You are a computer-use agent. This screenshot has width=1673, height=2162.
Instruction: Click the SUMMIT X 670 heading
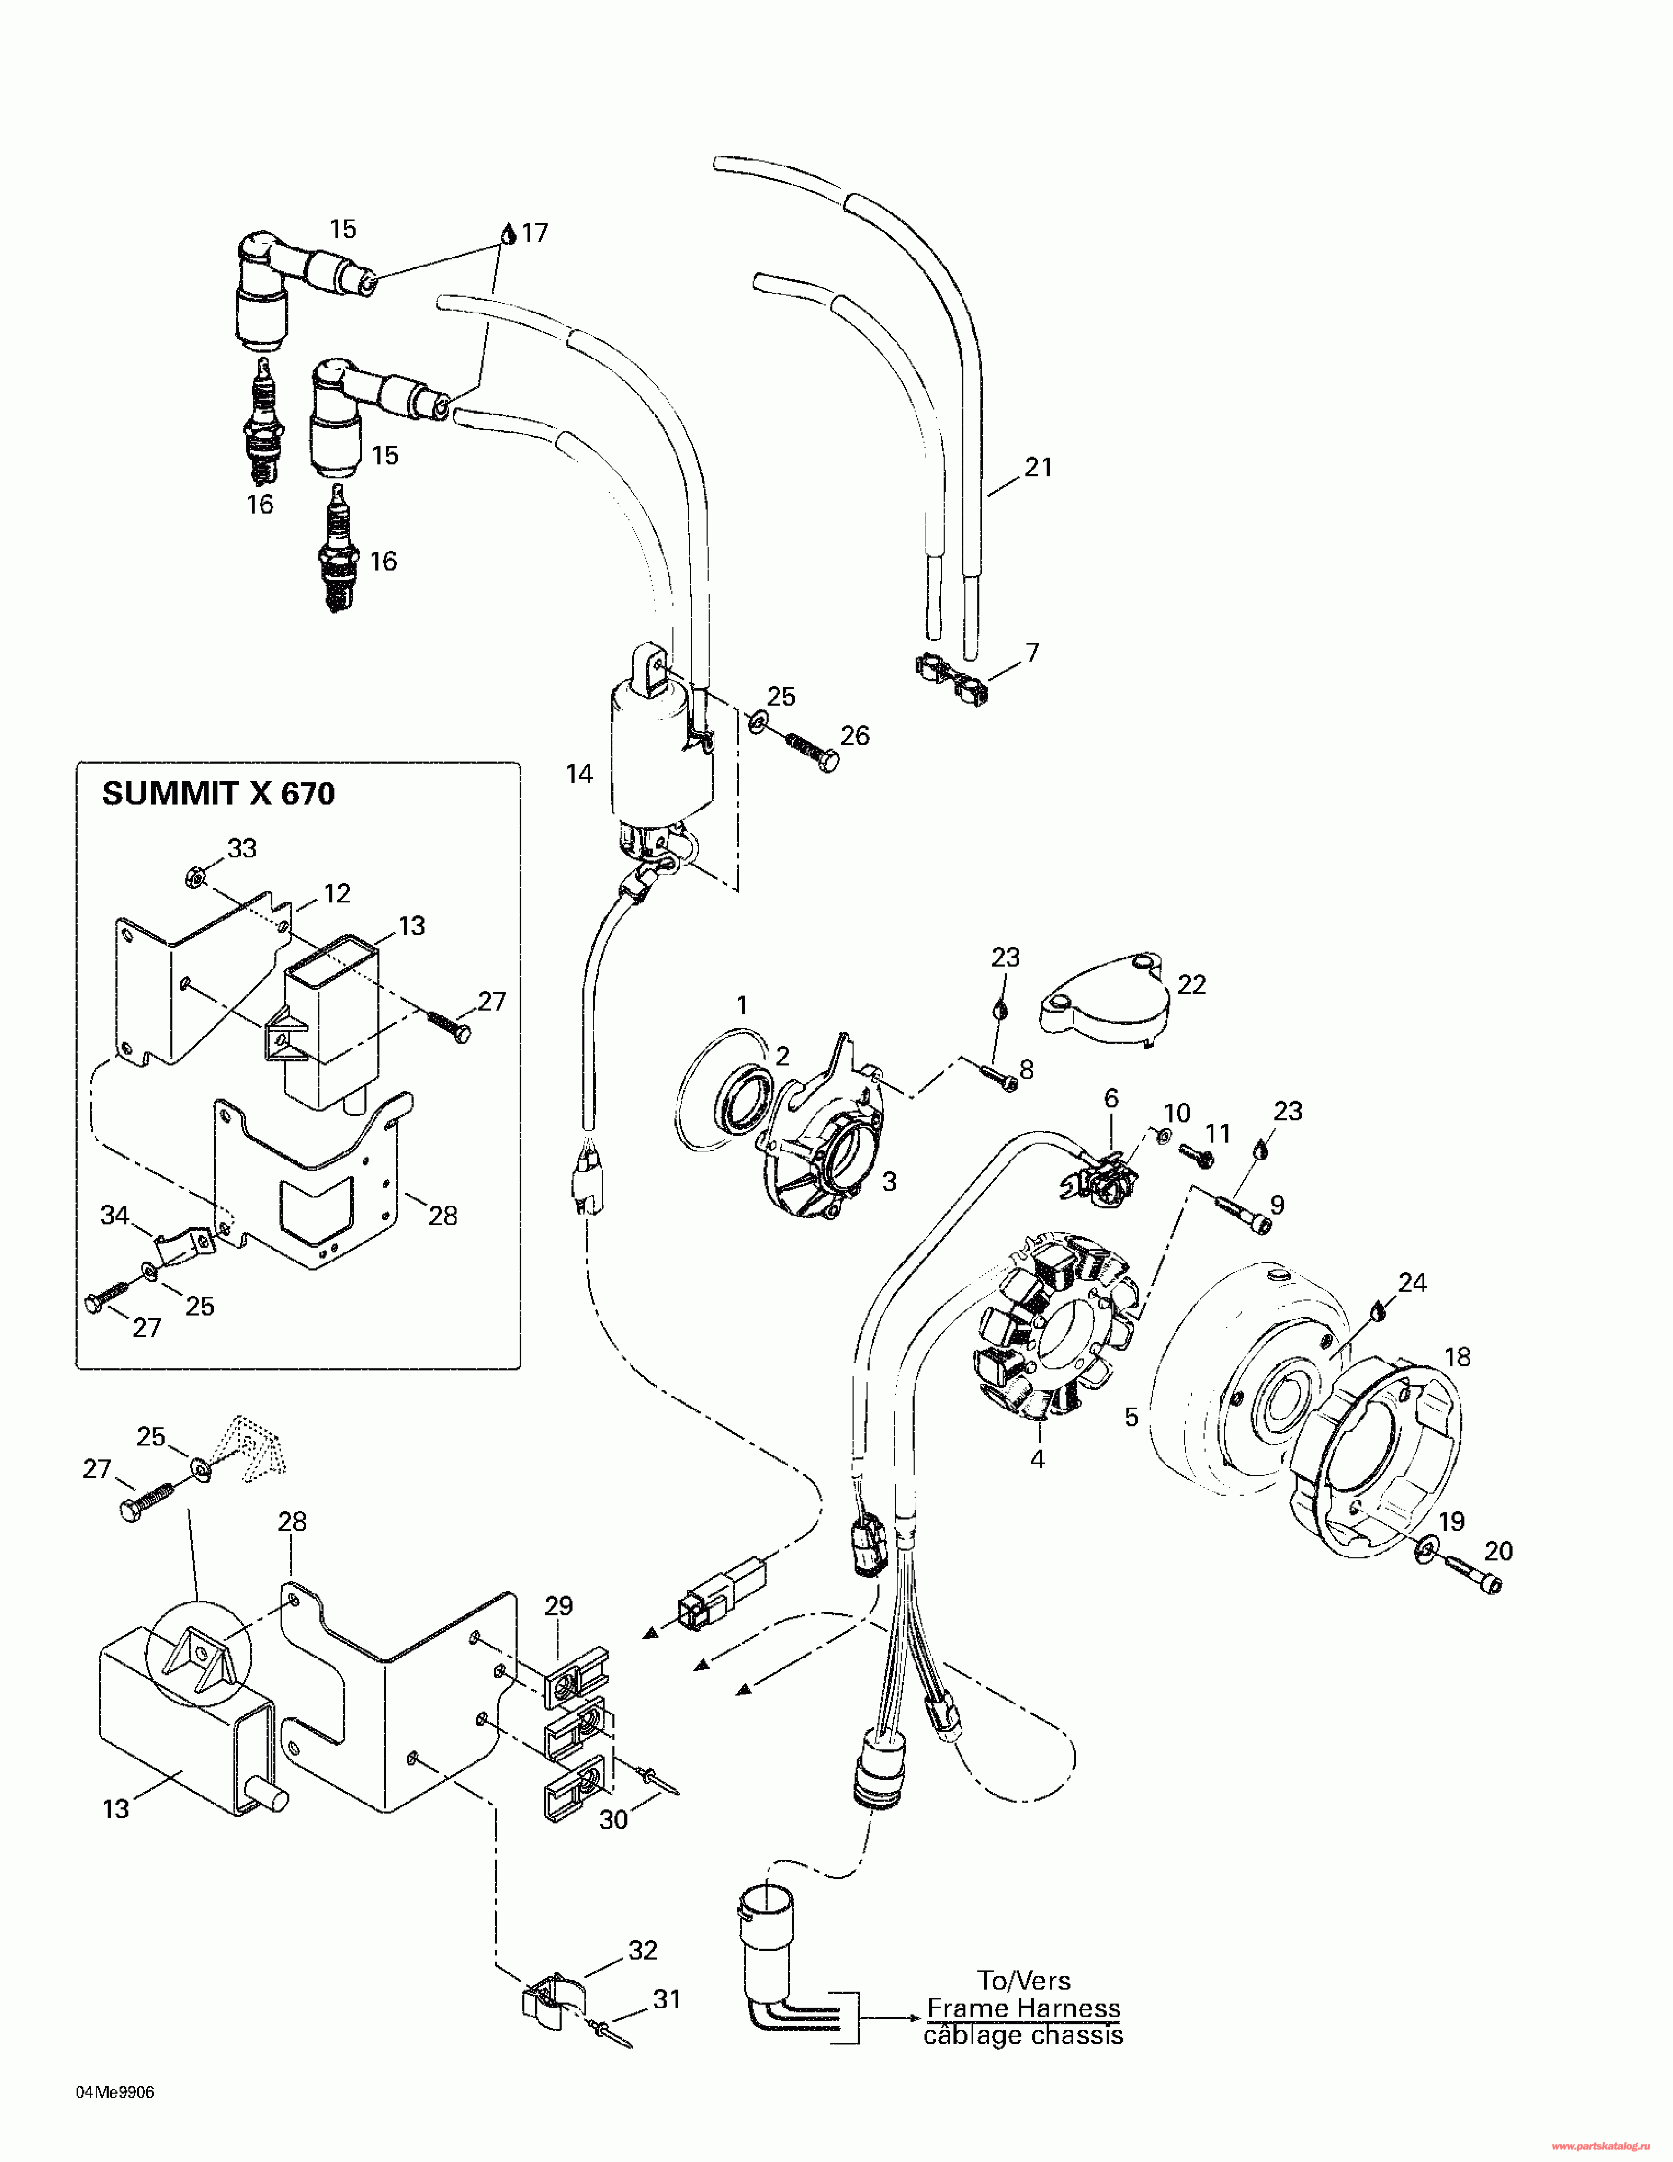[219, 793]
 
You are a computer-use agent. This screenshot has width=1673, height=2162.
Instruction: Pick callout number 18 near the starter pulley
[1457, 1356]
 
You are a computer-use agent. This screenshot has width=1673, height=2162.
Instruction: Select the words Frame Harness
[1023, 2009]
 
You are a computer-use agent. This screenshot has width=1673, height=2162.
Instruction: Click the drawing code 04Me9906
[115, 2092]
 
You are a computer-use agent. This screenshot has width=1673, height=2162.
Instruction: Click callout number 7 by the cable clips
[1033, 652]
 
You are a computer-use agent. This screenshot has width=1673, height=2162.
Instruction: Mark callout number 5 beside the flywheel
[1132, 1416]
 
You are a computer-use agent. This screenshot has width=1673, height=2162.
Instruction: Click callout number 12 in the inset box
[337, 893]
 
